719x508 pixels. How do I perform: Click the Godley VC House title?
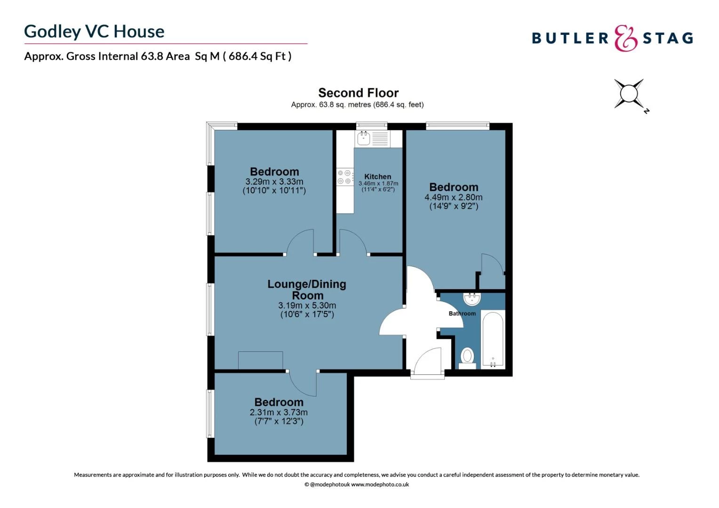(x=94, y=32)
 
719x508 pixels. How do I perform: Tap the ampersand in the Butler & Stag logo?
(x=625, y=38)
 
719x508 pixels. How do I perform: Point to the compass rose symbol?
(x=629, y=94)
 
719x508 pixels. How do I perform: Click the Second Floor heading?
(x=358, y=93)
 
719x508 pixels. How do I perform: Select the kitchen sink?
(x=364, y=138)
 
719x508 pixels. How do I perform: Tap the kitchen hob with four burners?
(x=344, y=177)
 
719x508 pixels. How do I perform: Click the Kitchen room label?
(x=377, y=176)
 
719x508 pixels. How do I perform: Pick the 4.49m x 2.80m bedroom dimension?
(x=453, y=198)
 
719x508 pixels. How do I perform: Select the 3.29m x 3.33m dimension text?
(x=274, y=182)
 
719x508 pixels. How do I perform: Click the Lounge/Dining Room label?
(x=307, y=290)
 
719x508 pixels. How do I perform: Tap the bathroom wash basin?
(x=471, y=299)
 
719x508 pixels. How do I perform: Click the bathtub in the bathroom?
(x=493, y=339)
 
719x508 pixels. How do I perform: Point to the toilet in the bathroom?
(x=467, y=356)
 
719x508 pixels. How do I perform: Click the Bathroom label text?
(x=462, y=313)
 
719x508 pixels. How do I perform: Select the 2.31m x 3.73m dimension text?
(x=279, y=412)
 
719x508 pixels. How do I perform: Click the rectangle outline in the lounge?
(x=260, y=360)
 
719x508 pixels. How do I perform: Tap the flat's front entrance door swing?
(x=429, y=362)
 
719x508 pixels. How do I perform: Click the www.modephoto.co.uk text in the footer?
(x=380, y=484)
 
